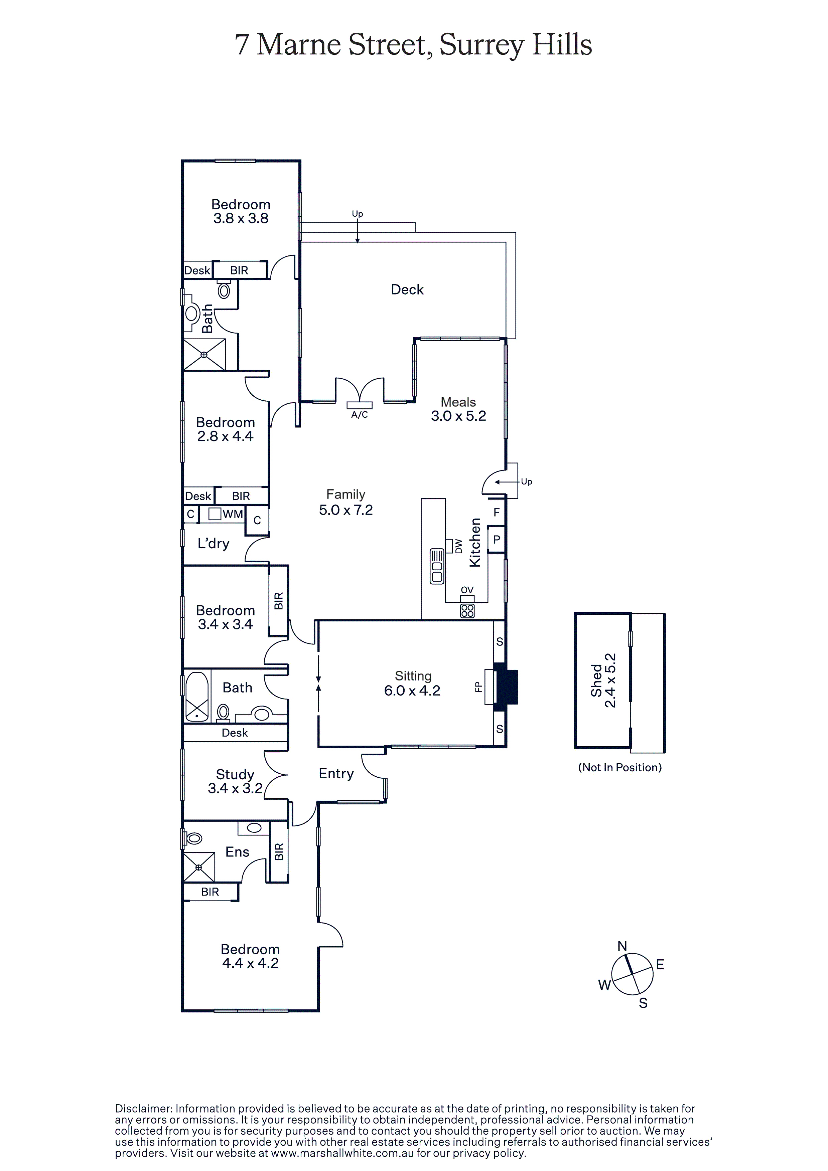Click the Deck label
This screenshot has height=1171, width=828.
pos(407,290)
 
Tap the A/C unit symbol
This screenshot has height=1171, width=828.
pos(360,405)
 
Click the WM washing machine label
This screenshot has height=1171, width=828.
pos(233,514)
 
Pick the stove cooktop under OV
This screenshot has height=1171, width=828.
pos(467,610)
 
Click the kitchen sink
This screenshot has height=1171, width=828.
pos(437,566)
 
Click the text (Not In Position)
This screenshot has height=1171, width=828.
pos(620,768)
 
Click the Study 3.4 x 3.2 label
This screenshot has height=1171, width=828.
pos(235,781)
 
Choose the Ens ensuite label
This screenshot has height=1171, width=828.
pos(237,852)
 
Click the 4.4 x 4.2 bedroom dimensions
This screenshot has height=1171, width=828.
pos(250,963)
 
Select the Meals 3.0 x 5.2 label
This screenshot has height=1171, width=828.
pos(458,409)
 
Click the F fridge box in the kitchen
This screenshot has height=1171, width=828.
pos(496,512)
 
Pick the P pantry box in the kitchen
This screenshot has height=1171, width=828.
pos(496,539)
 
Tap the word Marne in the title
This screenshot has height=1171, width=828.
pos(299,44)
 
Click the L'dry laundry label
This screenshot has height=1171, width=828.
pos(214,544)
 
